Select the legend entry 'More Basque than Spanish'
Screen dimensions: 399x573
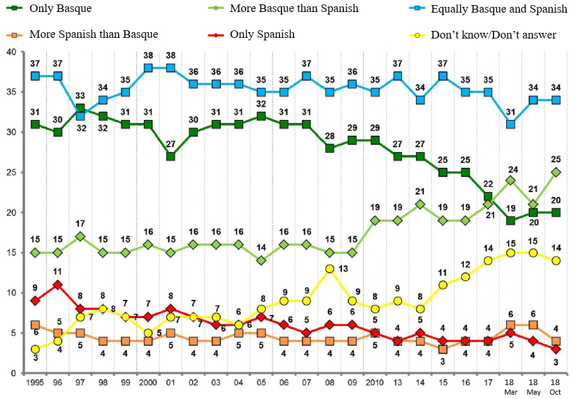pos(293,9)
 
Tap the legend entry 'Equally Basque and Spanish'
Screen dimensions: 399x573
pos(499,9)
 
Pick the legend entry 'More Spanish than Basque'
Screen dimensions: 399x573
pos(93,34)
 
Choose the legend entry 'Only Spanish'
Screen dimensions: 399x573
pos(262,34)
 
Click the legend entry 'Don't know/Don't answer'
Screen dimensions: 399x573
pos(493,35)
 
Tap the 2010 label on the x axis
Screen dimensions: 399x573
pos(375,383)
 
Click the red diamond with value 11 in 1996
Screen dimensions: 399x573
pos(58,285)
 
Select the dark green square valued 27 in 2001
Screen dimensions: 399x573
pos(170,157)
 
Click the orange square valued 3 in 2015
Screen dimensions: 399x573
pos(444,349)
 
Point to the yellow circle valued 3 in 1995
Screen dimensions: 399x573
pos(35,349)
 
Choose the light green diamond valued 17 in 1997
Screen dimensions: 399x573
pos(81,237)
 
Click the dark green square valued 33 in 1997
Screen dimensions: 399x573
pos(81,109)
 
